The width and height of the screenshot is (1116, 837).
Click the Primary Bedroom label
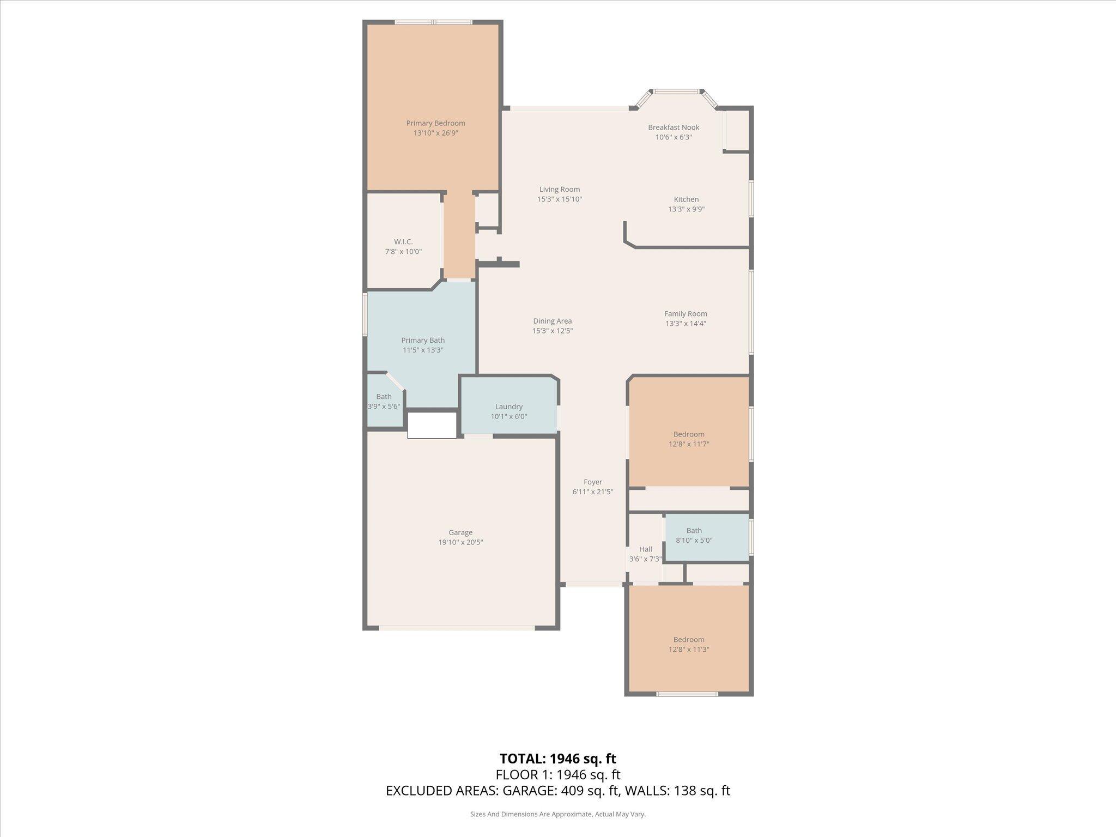[435, 123]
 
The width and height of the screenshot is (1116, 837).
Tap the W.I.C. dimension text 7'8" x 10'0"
[403, 252]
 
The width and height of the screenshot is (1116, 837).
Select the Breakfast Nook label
[674, 128]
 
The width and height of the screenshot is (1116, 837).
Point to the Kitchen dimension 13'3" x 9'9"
[686, 209]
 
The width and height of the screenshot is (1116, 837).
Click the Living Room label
[560, 190]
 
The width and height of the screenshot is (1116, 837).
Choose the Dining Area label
[552, 321]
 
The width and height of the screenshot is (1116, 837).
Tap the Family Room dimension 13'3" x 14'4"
[686, 324]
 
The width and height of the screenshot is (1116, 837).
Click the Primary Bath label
[423, 340]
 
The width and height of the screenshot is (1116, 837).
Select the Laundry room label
[508, 407]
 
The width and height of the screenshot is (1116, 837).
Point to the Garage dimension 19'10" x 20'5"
[460, 542]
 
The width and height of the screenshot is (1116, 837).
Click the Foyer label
[593, 482]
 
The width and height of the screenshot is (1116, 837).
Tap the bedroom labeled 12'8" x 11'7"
[689, 439]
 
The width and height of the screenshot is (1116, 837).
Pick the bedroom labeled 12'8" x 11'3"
[689, 645]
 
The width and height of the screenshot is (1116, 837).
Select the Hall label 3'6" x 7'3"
[645, 549]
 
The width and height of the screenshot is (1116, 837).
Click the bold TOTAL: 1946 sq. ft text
[557, 759]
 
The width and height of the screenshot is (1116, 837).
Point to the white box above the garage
[432, 425]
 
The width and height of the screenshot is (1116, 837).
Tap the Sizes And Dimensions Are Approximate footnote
[557, 814]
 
